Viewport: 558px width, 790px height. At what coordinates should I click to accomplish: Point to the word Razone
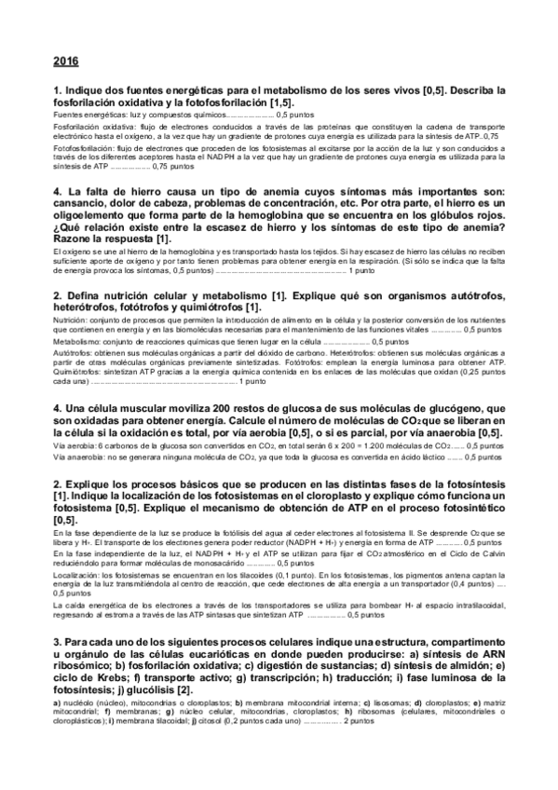point(78,239)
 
